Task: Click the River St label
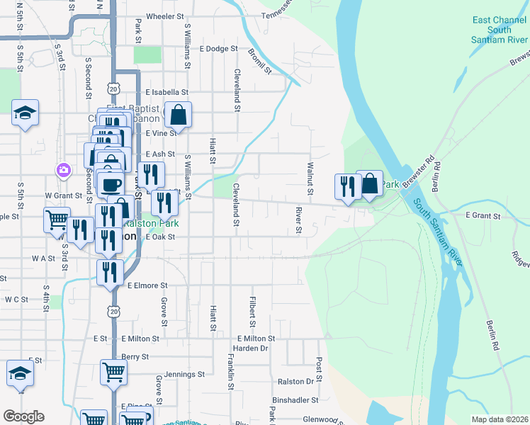(299, 220)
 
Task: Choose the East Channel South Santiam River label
(500, 30)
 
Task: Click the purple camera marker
(64, 169)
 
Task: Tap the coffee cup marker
(110, 186)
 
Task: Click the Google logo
(23, 416)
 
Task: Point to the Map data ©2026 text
(500, 419)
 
